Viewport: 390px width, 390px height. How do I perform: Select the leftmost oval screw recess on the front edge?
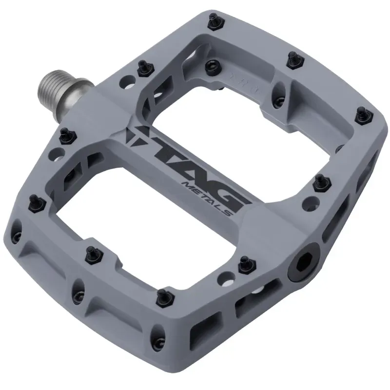point(19,229)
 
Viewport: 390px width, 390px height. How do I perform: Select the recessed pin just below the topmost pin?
point(212,65)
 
